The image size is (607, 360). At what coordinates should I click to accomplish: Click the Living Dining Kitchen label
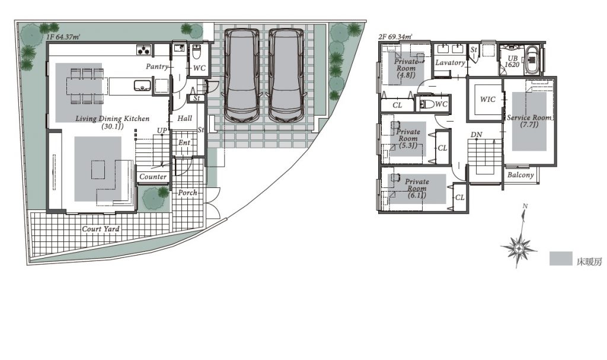click(112, 122)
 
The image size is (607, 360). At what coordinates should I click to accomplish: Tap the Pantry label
click(157, 66)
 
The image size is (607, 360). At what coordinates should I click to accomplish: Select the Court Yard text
click(101, 229)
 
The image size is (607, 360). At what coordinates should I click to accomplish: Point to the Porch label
click(187, 193)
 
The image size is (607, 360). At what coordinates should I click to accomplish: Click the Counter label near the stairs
click(153, 177)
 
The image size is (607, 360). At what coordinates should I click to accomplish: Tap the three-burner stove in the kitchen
click(145, 50)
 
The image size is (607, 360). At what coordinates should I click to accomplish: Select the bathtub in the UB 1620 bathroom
click(532, 60)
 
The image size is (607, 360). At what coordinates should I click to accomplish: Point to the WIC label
click(487, 99)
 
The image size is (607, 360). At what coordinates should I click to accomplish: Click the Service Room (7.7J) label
click(529, 121)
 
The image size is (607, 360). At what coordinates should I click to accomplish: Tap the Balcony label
click(520, 175)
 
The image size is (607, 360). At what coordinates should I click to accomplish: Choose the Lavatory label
click(451, 62)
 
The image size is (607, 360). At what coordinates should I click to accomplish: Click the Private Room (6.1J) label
click(417, 189)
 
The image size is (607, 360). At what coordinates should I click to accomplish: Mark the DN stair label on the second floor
click(477, 135)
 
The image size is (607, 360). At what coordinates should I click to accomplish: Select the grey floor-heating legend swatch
click(561, 259)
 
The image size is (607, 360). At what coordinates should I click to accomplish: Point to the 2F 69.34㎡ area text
click(395, 37)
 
